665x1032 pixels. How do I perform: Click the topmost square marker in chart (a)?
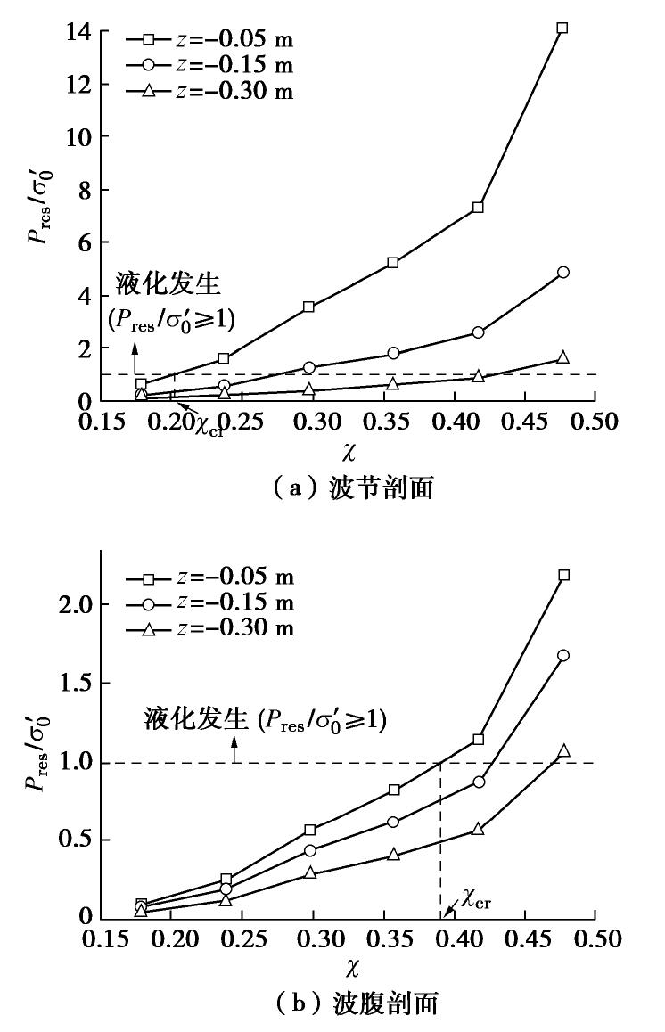coord(562,29)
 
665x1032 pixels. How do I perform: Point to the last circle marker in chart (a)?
coord(562,273)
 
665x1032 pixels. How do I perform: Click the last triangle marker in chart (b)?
coord(562,751)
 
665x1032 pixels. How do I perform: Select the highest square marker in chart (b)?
coord(563,576)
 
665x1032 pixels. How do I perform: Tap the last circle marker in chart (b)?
coord(562,656)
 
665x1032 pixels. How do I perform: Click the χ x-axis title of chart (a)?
coord(349,453)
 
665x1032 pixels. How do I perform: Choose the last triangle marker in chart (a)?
coord(562,356)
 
